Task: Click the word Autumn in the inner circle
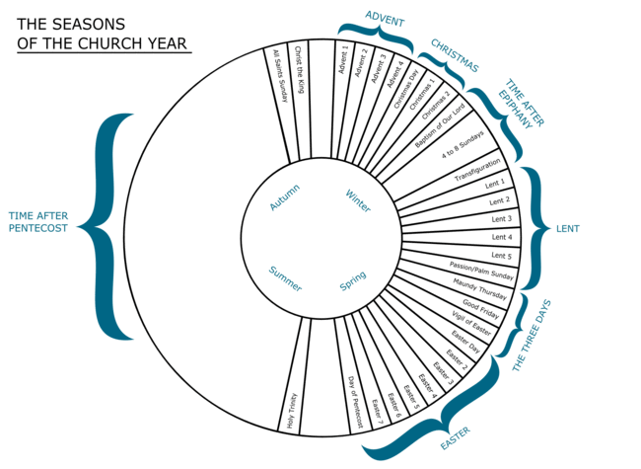tap(285, 197)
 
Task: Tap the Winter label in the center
tap(358, 200)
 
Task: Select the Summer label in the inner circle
tap(285, 278)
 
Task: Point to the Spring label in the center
tap(353, 280)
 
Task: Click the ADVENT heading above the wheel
tap(385, 19)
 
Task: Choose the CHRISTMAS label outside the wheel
tap(455, 55)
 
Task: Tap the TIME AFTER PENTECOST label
tap(38, 222)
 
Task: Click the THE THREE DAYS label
tap(532, 336)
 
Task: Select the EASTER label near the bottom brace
tap(456, 437)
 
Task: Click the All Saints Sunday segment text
tap(281, 76)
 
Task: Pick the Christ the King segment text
tap(300, 69)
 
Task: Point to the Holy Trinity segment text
tap(292, 412)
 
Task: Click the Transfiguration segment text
tap(477, 170)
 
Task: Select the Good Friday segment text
tap(481, 309)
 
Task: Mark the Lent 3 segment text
tap(502, 219)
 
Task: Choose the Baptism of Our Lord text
tap(440, 125)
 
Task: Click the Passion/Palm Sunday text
tap(481, 271)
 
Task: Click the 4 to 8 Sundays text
tap(463, 145)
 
